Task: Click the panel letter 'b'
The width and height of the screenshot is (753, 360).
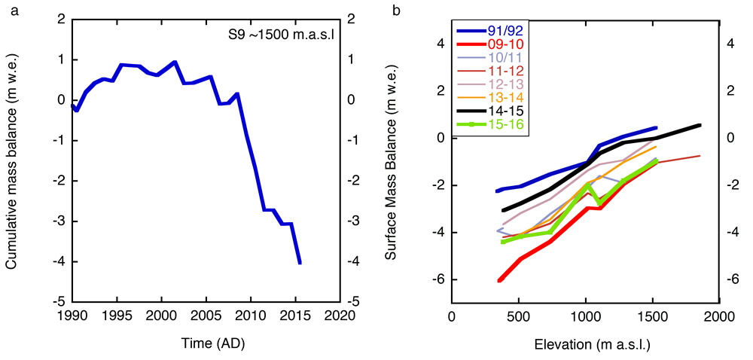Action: [x=387, y=8]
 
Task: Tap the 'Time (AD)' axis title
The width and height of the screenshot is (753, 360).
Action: [x=206, y=343]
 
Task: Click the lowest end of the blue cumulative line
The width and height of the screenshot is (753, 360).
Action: [x=300, y=263]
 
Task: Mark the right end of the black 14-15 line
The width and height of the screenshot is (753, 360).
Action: [x=700, y=125]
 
